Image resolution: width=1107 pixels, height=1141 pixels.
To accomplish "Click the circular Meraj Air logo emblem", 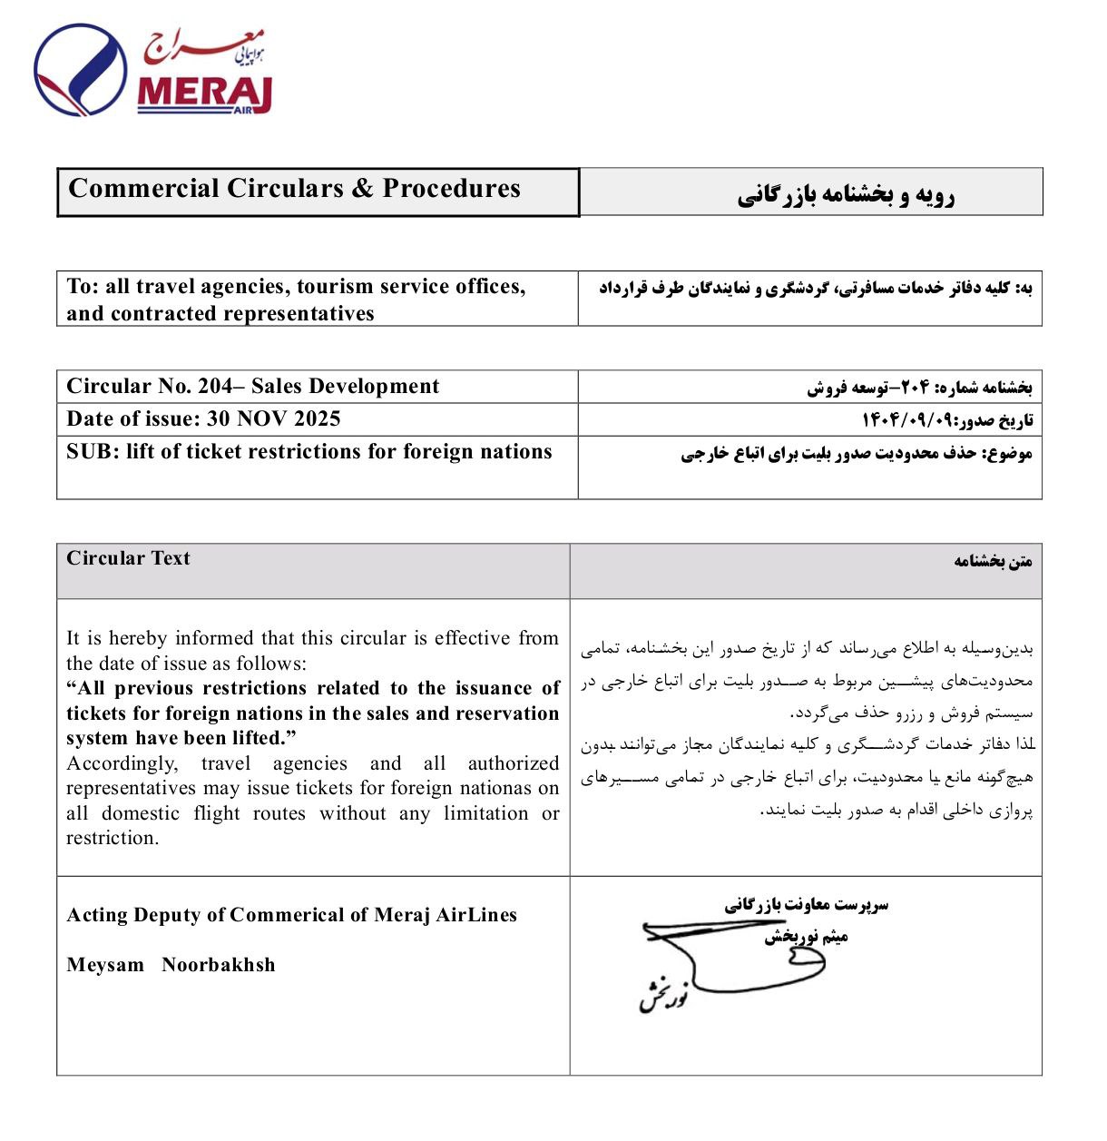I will [x=80, y=71].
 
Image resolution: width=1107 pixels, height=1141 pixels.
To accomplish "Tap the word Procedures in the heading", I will [x=451, y=189].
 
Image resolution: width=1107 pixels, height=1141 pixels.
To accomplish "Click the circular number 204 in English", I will [x=215, y=387].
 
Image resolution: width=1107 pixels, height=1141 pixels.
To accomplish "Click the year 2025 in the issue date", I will [x=317, y=419].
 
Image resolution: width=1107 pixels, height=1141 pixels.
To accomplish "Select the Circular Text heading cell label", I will [x=128, y=559].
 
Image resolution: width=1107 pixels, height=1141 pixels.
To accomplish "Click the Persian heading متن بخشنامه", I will [x=993, y=562].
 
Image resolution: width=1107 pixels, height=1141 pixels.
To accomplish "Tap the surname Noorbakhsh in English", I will [x=218, y=965].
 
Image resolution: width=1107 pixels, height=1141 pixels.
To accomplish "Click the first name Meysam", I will [x=105, y=965].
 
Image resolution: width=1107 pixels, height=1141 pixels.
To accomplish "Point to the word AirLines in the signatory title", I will [x=476, y=915].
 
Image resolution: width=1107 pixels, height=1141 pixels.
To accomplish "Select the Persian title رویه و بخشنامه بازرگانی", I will [x=845, y=195].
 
